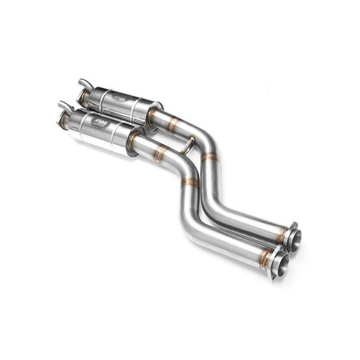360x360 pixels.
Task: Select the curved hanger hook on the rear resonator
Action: click(x=83, y=82)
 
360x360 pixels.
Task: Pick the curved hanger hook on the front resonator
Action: click(x=62, y=105)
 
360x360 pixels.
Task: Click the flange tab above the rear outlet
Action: click(x=294, y=226)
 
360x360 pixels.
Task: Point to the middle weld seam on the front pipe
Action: click(x=189, y=182)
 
